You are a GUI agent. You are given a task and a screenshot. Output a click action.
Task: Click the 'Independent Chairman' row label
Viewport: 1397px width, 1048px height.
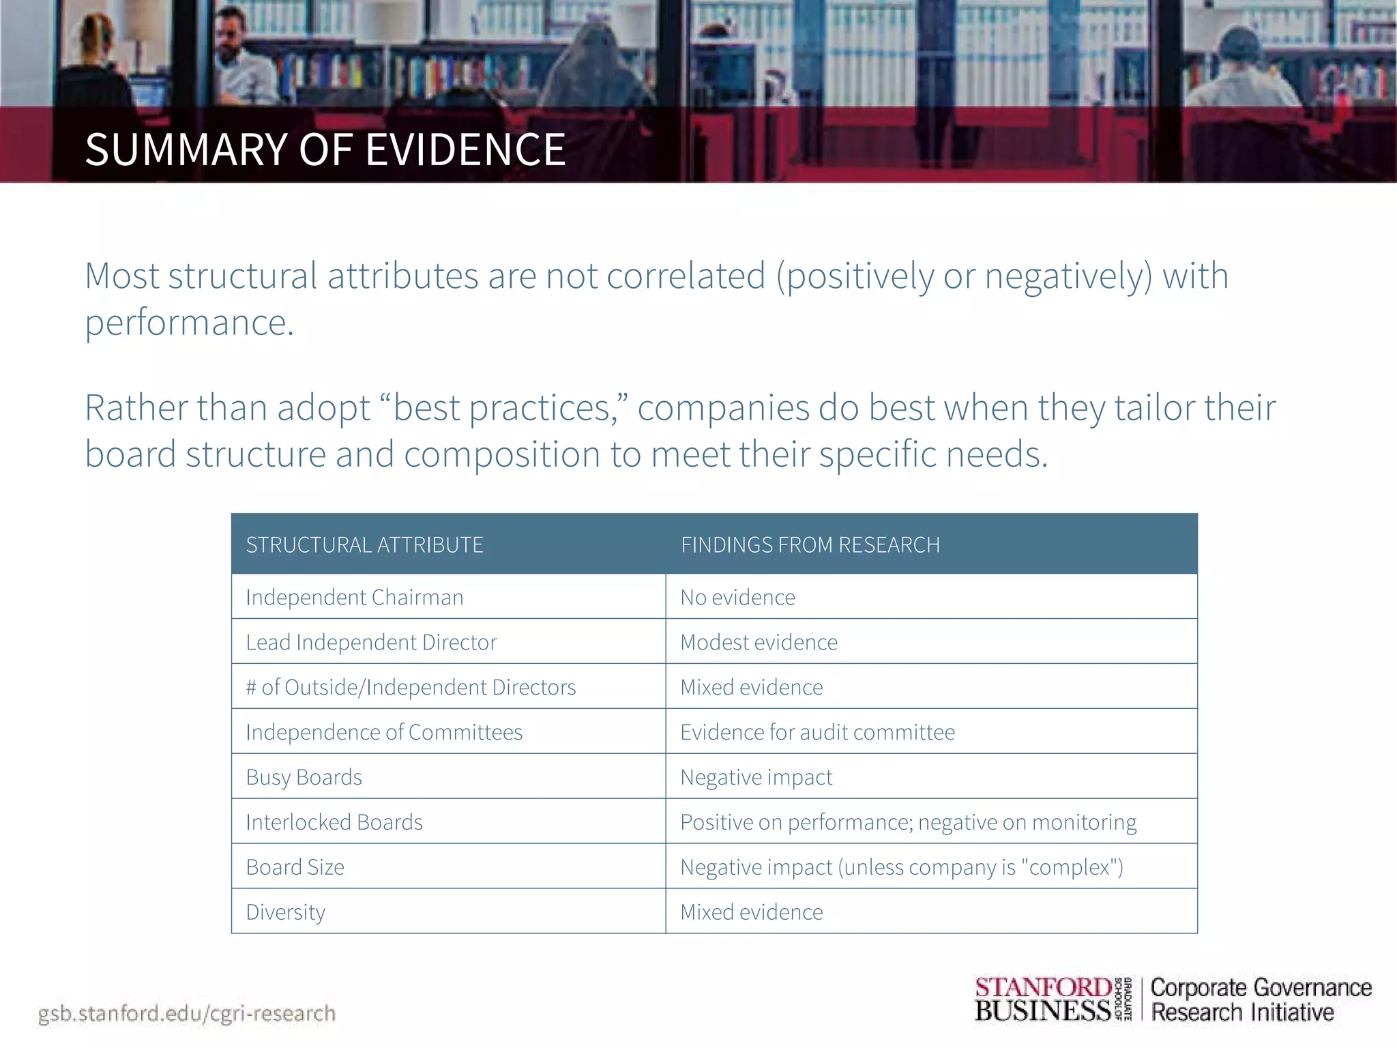coord(354,597)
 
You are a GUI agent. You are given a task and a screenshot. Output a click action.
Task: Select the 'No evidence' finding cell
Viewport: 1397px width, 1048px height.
coord(737,597)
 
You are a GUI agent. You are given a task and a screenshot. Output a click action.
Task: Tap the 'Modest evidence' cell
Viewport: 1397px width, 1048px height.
coord(759,642)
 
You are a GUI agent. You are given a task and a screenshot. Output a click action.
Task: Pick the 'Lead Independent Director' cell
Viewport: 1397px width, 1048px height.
coord(371,642)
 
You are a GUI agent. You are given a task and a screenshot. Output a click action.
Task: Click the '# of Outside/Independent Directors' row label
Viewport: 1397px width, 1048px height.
coord(411,687)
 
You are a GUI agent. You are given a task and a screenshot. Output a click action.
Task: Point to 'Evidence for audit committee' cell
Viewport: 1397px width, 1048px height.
coord(817,732)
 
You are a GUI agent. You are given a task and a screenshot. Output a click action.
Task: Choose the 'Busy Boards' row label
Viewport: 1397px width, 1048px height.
coord(304,777)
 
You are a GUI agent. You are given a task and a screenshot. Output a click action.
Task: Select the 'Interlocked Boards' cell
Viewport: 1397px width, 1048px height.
coord(334,822)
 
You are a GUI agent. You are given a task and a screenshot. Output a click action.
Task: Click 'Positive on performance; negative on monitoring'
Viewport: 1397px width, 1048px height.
coord(908,822)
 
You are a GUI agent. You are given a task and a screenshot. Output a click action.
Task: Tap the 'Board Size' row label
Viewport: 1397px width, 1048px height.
coord(295,867)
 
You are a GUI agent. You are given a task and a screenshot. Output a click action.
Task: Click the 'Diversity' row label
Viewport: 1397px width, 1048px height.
coord(285,912)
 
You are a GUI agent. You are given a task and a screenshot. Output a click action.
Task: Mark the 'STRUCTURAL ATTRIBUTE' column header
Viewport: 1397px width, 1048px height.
coord(364,544)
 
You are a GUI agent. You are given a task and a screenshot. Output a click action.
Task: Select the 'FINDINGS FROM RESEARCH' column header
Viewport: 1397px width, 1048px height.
coord(810,544)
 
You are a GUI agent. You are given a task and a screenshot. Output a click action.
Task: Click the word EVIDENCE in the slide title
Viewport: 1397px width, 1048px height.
coord(466,150)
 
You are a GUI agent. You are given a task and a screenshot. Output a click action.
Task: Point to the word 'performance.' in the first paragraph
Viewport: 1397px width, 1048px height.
coord(189,322)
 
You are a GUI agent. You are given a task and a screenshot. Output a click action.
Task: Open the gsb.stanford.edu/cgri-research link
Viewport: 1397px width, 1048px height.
coord(186,1013)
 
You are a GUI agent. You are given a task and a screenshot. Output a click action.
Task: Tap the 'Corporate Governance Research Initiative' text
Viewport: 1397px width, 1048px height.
coord(1261,1000)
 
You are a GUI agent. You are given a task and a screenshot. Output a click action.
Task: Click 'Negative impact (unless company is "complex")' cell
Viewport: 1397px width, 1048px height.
coord(901,867)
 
